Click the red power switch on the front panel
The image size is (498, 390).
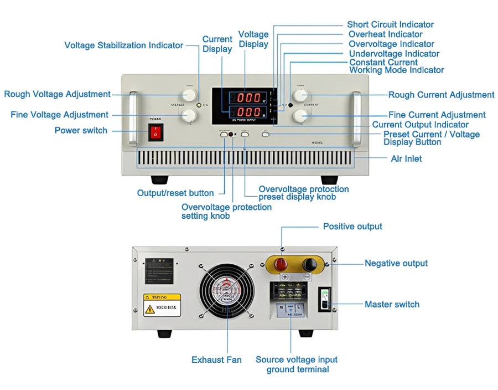156,132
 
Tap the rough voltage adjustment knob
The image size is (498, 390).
189,95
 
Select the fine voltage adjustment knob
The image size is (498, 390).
189,115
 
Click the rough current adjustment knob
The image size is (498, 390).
300,95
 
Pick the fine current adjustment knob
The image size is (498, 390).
300,115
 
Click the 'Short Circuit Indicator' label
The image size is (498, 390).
390,24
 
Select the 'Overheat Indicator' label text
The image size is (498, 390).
385,34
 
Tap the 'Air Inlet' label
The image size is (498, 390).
406,159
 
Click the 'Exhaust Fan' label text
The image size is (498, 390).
216,360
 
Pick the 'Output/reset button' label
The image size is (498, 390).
175,193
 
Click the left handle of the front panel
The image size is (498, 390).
133,118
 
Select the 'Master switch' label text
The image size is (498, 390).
392,304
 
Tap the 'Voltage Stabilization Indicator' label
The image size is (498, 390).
123,45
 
